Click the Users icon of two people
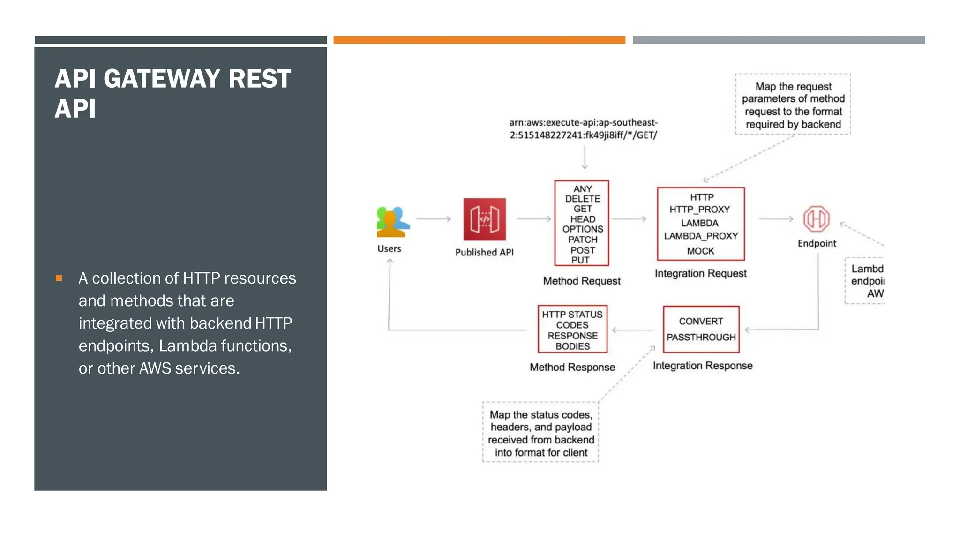(x=392, y=222)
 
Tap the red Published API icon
(x=485, y=219)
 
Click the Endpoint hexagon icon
(x=816, y=218)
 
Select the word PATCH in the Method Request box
(x=583, y=240)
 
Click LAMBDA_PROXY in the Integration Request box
(x=701, y=236)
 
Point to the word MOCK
(x=700, y=251)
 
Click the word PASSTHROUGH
(x=701, y=337)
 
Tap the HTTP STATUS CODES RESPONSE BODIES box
(x=572, y=330)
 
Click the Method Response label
(x=572, y=367)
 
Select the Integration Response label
(x=703, y=366)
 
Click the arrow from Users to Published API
(x=434, y=219)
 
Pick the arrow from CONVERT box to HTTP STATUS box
(x=633, y=330)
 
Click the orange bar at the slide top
(x=479, y=40)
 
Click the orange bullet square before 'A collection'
(x=59, y=278)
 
